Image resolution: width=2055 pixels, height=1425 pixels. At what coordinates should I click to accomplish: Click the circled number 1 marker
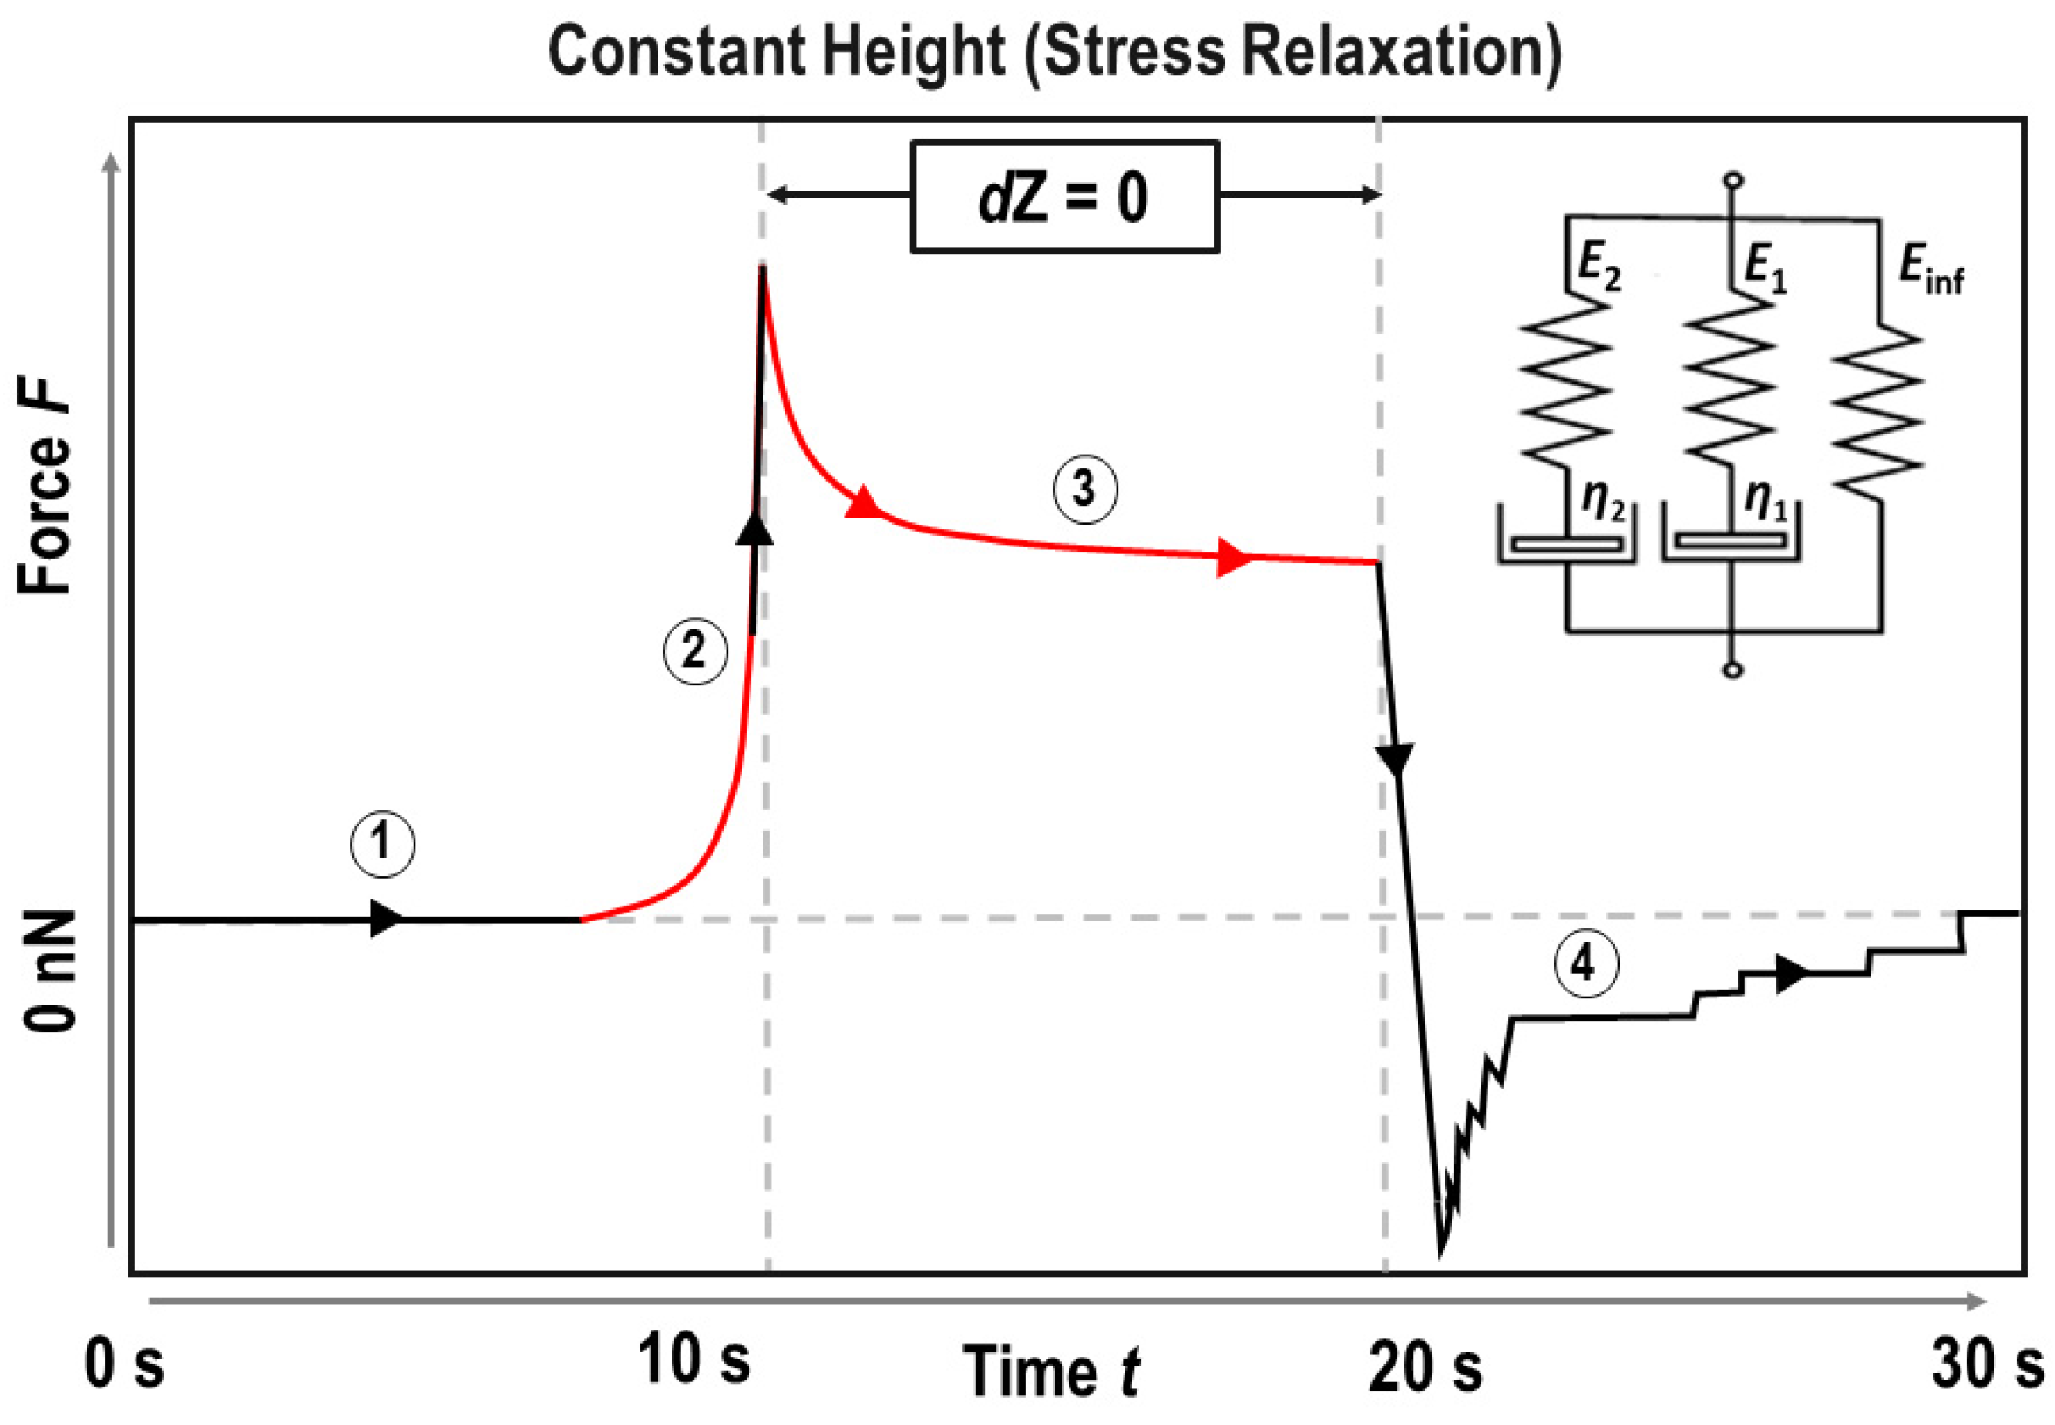pos(382,843)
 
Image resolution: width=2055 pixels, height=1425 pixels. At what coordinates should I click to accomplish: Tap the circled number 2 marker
pos(695,651)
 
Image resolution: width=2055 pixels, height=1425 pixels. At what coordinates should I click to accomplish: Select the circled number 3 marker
pos(1084,490)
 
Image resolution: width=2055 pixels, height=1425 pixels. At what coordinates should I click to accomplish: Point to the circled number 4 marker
pos(1586,965)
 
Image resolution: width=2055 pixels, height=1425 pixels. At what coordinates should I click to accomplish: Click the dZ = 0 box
pos(1064,198)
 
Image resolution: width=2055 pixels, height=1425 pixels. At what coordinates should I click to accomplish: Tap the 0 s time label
pos(124,1365)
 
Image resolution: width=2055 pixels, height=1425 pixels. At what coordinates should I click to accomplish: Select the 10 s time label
pos(694,1359)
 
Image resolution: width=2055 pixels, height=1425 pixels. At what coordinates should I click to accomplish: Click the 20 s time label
pos(1425,1366)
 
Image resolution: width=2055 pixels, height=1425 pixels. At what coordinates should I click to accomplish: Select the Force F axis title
pos(45,487)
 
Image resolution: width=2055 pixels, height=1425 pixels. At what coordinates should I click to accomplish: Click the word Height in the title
pos(913,51)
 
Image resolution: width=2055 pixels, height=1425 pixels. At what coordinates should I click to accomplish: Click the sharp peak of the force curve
pos(763,267)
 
